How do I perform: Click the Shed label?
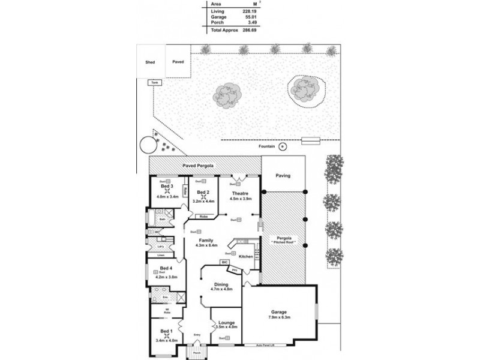click(150, 61)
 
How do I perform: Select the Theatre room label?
click(239, 193)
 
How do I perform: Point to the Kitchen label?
click(246, 256)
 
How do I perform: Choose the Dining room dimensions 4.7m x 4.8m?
click(221, 289)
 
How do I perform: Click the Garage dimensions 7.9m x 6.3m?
click(279, 318)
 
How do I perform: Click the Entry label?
click(197, 335)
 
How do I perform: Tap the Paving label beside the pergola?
click(283, 176)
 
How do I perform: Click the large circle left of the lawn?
click(146, 145)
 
